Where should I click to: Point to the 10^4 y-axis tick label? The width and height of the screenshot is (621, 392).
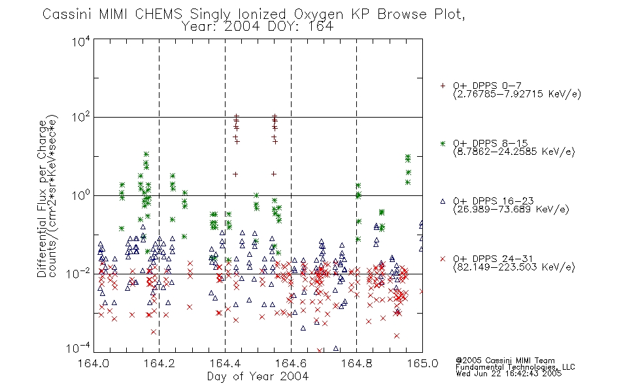click(x=81, y=41)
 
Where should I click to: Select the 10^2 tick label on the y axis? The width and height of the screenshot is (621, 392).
click(x=81, y=117)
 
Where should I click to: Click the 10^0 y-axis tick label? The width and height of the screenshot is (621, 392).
click(x=81, y=195)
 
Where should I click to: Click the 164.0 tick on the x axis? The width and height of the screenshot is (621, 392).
click(x=93, y=363)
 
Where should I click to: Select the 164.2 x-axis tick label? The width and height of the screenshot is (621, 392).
click(x=159, y=363)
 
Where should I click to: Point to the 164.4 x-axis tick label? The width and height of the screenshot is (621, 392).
click(x=225, y=363)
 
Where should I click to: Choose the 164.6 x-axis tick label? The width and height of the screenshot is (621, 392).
click(x=291, y=363)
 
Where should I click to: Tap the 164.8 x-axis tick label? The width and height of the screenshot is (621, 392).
click(x=356, y=363)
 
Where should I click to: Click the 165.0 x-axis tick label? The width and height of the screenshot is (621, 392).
click(x=422, y=363)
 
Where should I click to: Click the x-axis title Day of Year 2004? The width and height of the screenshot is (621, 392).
click(x=258, y=376)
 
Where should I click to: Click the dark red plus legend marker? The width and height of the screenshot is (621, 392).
click(x=443, y=86)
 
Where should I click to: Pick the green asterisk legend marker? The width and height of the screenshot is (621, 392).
click(x=443, y=144)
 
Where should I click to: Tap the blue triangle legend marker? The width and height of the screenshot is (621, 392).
click(x=443, y=201)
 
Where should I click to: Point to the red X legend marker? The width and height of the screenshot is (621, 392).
click(x=443, y=259)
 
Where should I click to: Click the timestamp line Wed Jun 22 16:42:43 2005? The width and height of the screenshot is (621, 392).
click(x=509, y=374)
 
